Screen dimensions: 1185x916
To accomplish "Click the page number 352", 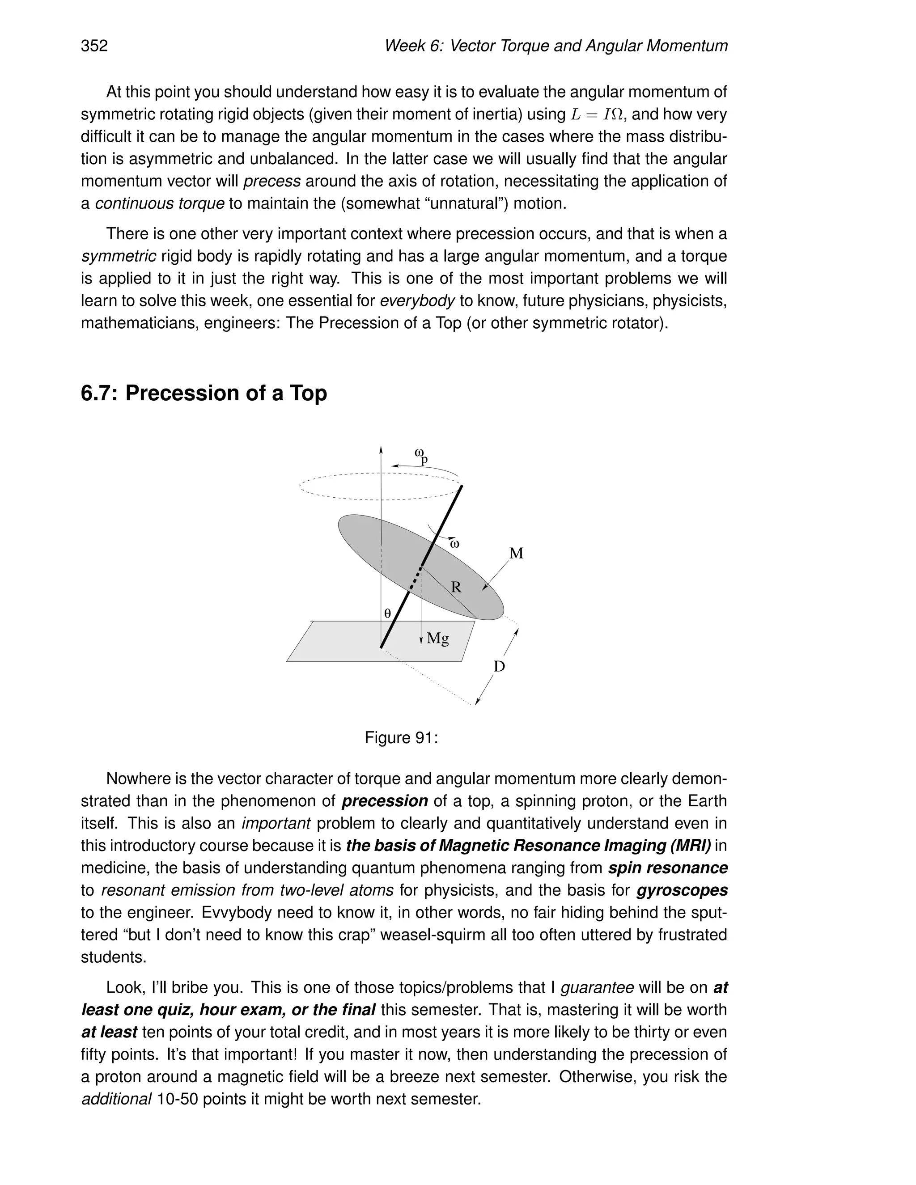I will pos(94,46).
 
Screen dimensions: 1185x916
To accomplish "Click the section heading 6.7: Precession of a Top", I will pos(204,393).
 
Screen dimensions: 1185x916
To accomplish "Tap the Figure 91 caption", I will pos(401,738).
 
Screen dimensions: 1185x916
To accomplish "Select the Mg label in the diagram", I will pos(437,638).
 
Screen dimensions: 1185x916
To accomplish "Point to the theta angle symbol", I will pos(387,614).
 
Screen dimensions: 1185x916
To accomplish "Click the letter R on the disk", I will pos(456,587).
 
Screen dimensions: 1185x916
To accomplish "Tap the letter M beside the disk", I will pos(516,554).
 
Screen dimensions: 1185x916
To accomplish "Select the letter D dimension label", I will pos(499,666).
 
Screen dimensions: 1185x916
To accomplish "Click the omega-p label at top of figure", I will pos(421,455).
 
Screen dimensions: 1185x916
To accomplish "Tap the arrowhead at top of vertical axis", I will pos(381,449).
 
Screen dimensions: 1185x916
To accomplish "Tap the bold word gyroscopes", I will pos(682,890).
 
